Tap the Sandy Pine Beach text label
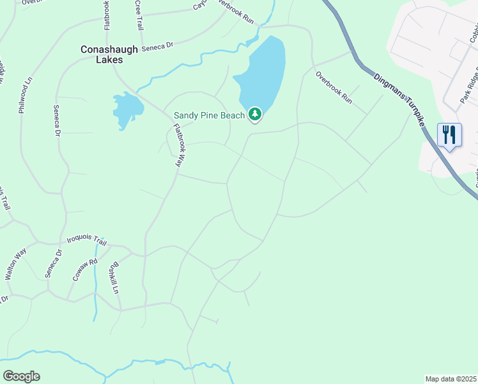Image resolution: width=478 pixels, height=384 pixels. (209, 116)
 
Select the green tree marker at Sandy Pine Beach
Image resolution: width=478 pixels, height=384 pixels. (255, 115)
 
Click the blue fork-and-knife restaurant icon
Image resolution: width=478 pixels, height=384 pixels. (449, 135)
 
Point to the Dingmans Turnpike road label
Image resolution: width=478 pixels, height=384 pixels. (396, 94)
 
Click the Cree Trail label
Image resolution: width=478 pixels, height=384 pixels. (139, 15)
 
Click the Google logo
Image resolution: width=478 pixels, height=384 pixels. (21, 376)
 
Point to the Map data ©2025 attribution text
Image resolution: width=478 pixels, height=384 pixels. (451, 379)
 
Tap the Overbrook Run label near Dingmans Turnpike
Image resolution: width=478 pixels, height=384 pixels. (334, 87)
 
